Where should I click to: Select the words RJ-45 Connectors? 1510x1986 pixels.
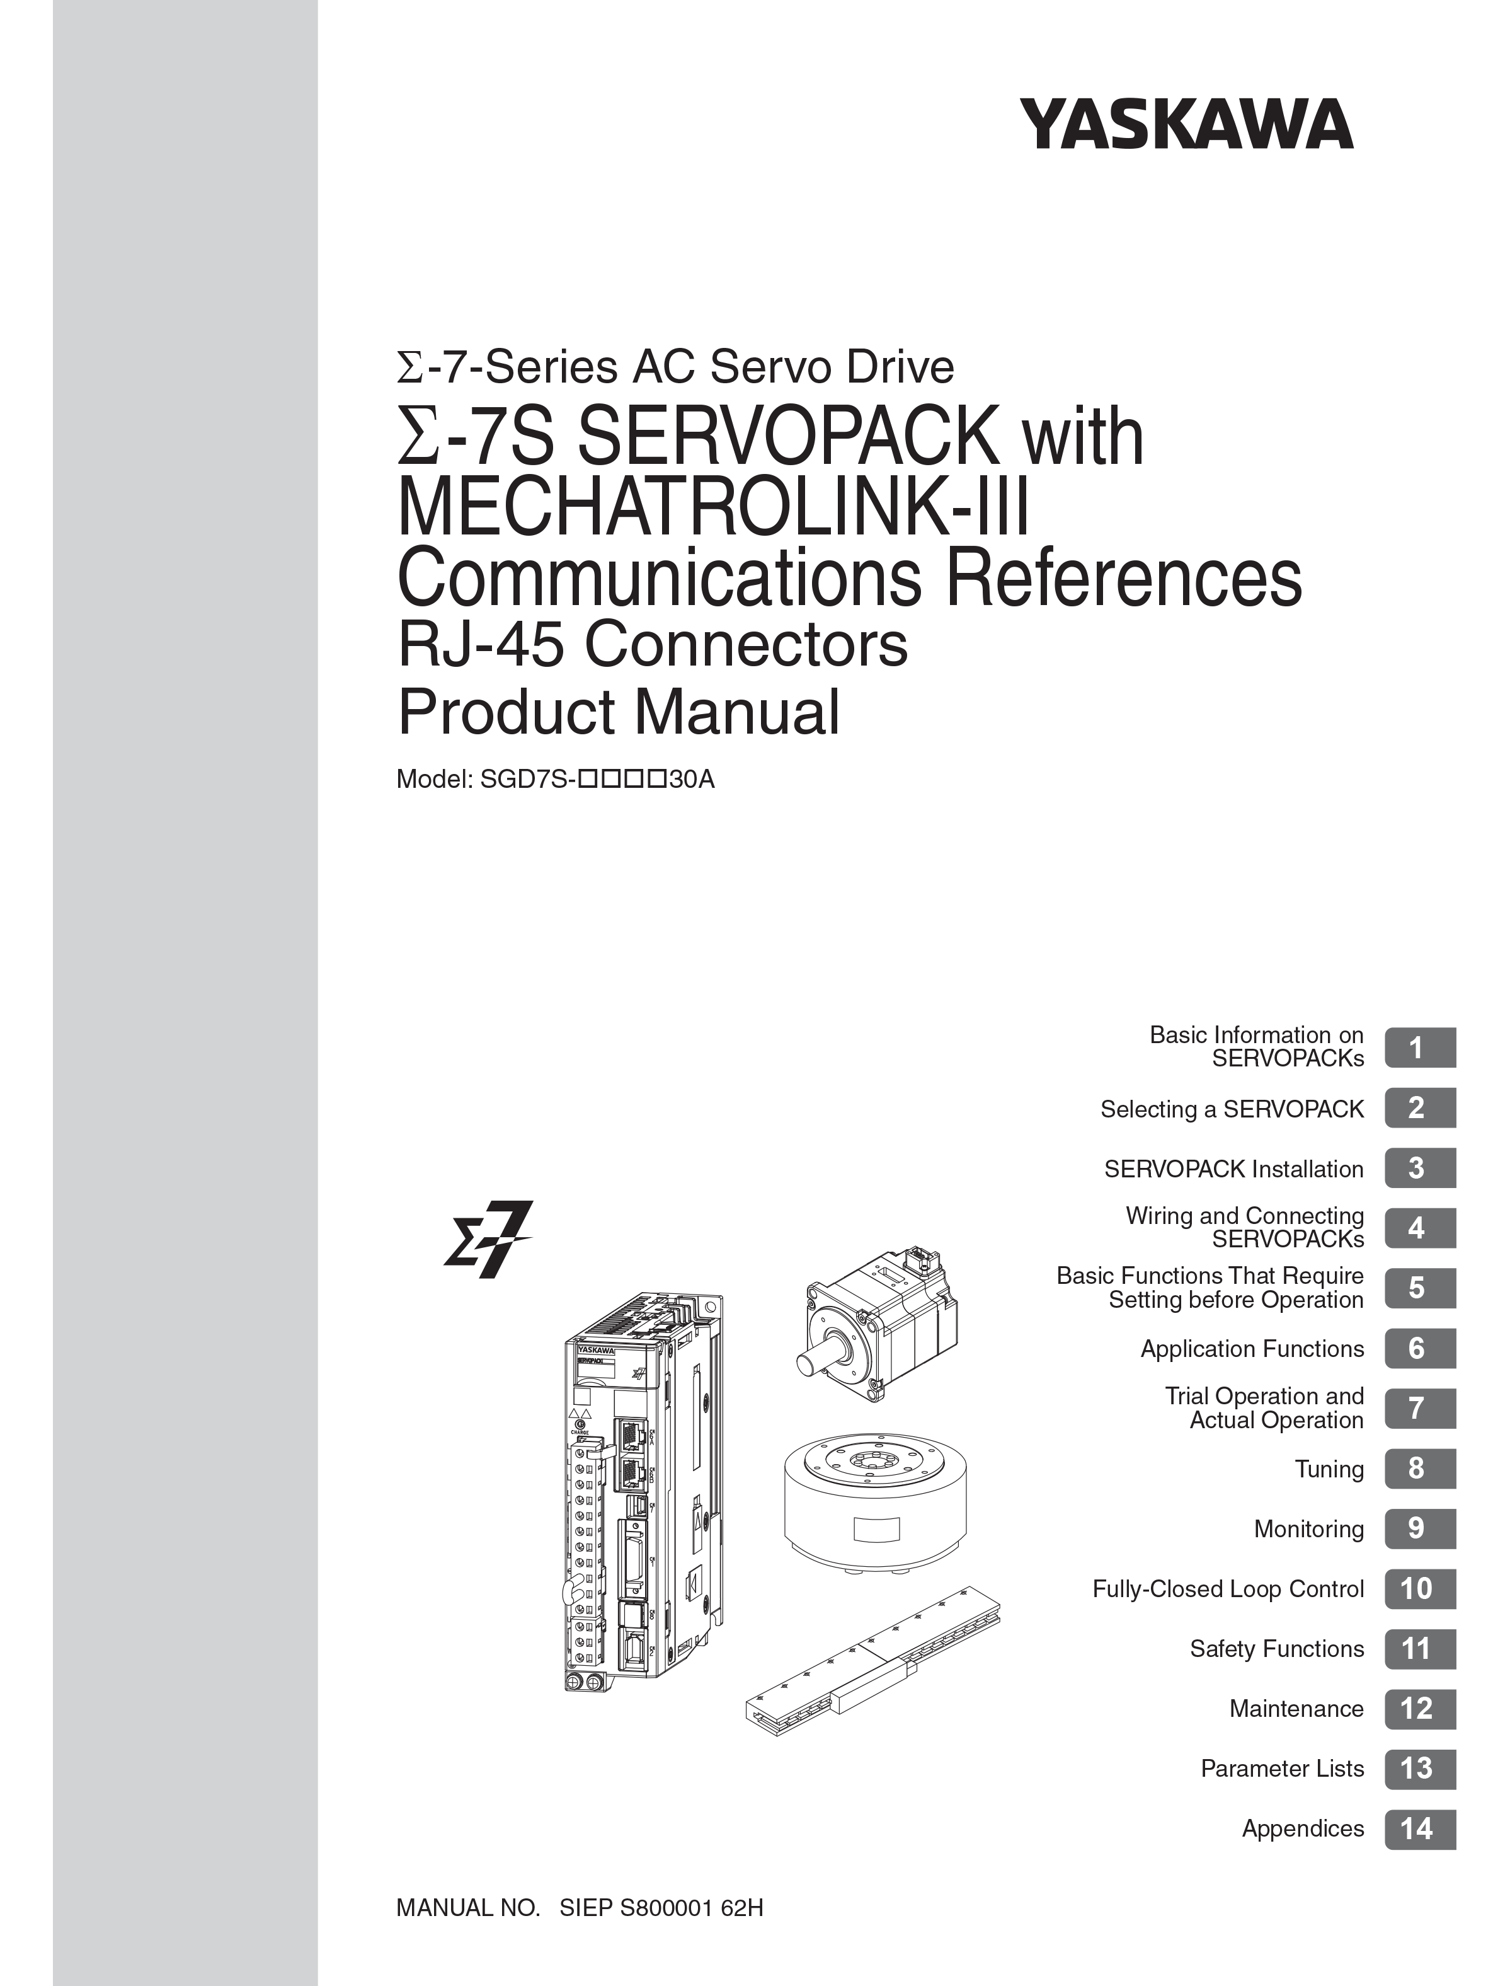653,645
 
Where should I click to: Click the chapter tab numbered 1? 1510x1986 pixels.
1419,1048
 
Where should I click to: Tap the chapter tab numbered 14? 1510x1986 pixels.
1419,1828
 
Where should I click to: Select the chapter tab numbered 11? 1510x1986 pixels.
1419,1649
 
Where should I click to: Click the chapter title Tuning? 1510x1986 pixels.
1329,1469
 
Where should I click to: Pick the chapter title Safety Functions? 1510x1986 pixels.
1277,1649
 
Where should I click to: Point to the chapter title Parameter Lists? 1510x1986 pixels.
1283,1769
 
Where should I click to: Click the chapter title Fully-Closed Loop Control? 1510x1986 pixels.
1228,1589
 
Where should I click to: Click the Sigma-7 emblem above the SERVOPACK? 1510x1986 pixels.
488,1239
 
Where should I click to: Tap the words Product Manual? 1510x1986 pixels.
619,711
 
